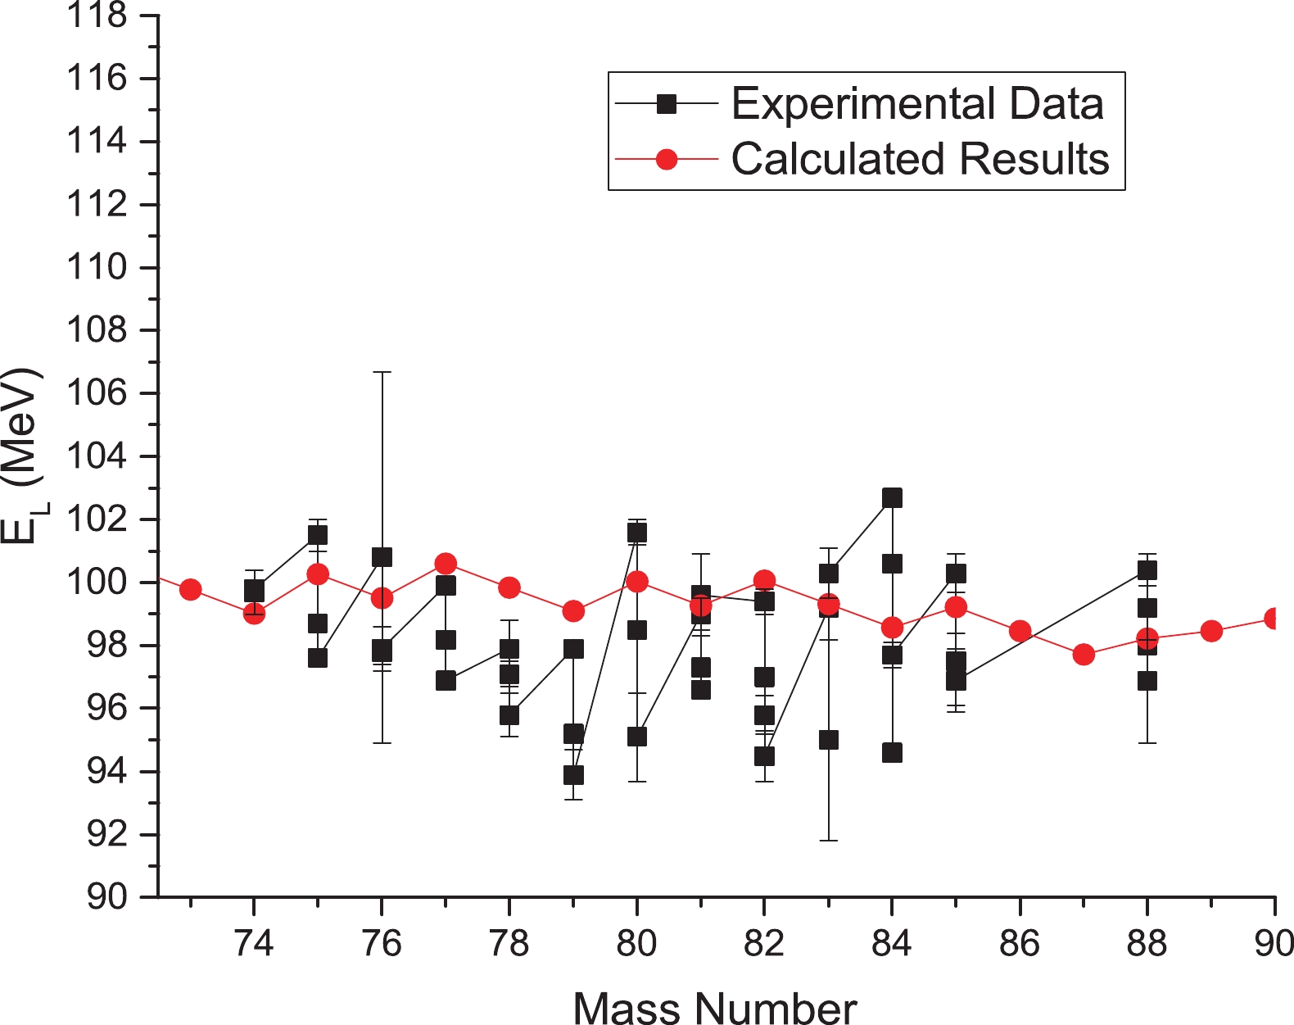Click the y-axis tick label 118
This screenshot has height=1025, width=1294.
(x=97, y=16)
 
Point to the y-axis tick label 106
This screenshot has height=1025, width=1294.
(x=97, y=393)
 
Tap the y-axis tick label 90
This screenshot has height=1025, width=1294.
(x=107, y=897)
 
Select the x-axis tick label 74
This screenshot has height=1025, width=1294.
(x=254, y=944)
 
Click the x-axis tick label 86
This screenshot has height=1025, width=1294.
(x=1020, y=944)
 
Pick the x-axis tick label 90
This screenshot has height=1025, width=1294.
(x=1274, y=944)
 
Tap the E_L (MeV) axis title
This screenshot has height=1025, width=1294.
(x=20, y=456)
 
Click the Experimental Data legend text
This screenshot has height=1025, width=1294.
(x=917, y=104)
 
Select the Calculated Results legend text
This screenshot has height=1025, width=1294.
(x=920, y=159)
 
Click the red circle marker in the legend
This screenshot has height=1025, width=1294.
(x=667, y=159)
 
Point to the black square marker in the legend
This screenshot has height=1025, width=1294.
(x=667, y=104)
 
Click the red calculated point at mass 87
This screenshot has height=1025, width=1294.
(x=1084, y=654)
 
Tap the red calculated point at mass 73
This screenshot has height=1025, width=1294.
(x=191, y=589)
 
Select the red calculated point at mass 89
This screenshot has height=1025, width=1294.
(x=1211, y=631)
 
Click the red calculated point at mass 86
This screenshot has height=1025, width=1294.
(x=1020, y=631)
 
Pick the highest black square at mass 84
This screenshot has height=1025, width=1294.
(x=892, y=497)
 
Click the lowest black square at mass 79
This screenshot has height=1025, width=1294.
(x=573, y=774)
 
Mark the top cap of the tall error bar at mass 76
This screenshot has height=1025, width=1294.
(x=382, y=372)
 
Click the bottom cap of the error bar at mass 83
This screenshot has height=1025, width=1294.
(x=829, y=841)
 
